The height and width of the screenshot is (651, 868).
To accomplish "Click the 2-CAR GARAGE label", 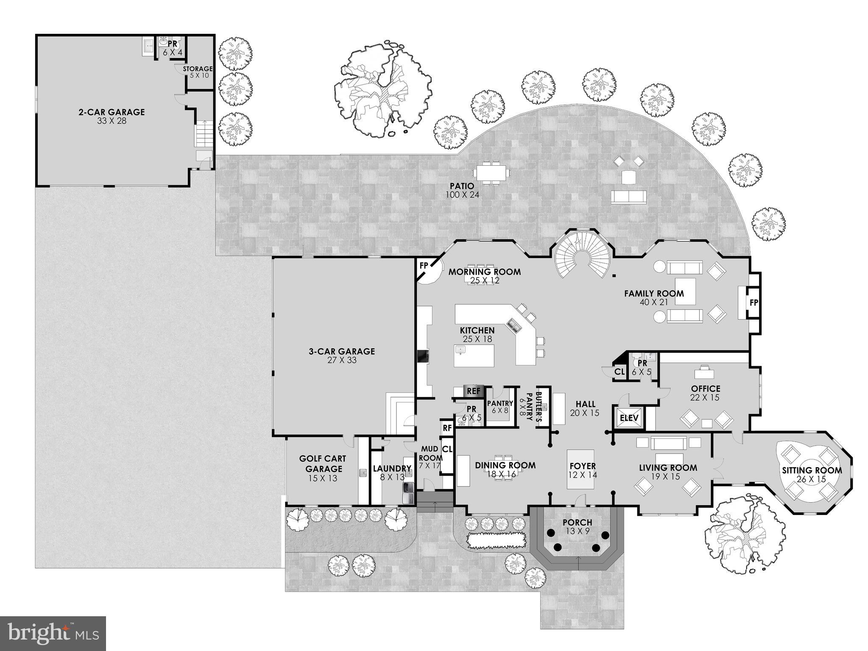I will coord(111,112).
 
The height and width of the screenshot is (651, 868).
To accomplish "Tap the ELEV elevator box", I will coord(629,418).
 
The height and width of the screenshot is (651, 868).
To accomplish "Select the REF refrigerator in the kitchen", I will coord(473,391).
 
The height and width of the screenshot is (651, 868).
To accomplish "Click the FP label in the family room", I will coord(754,303).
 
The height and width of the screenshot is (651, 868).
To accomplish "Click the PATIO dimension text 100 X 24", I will coord(462,195).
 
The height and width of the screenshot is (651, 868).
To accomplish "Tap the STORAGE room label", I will coord(198,69).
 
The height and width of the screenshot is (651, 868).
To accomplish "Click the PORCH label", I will coord(577,522).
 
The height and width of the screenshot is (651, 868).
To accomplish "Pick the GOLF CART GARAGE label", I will coord(323,464).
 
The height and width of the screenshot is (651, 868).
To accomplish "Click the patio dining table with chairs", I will coord(492,173).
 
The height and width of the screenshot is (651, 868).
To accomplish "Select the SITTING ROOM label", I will coord(812,470).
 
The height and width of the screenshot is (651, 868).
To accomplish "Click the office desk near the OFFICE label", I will coord(704,373).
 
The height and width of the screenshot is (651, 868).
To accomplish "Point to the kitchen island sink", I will coord(461,350).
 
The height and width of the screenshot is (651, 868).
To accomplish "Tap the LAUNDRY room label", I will coord(392,469).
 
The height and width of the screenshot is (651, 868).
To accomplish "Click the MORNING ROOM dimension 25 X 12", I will coord(485,281).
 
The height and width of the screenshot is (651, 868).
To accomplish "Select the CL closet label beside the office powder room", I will coord(620,372).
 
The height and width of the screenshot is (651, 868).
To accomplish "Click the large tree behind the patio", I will coord(382,89).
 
